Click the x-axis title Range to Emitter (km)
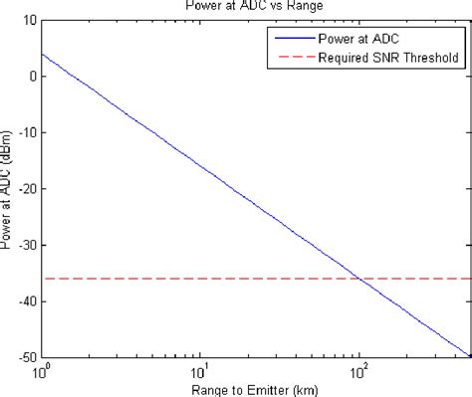point(255,388)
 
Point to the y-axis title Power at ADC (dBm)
point(9,189)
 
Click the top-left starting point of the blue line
point(42,54)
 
